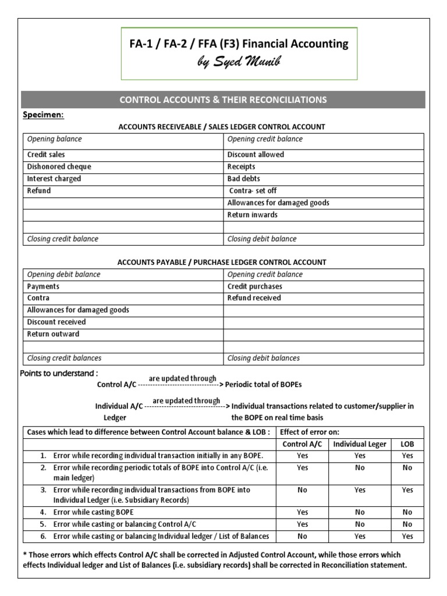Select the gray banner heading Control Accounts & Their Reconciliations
(x=223, y=100)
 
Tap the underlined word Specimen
(x=43, y=115)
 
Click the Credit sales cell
(x=46, y=155)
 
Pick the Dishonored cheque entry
(x=59, y=167)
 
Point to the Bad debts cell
(x=243, y=179)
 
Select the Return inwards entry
(x=252, y=215)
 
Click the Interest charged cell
(x=54, y=179)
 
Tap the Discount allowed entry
(x=256, y=155)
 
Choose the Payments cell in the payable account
(x=43, y=286)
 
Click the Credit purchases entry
(x=254, y=286)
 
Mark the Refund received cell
(x=254, y=298)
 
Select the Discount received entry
(x=56, y=322)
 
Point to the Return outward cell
(x=53, y=334)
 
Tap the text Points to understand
(x=59, y=372)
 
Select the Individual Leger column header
(x=360, y=444)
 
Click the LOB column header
(x=407, y=444)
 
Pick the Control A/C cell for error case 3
(x=302, y=490)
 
